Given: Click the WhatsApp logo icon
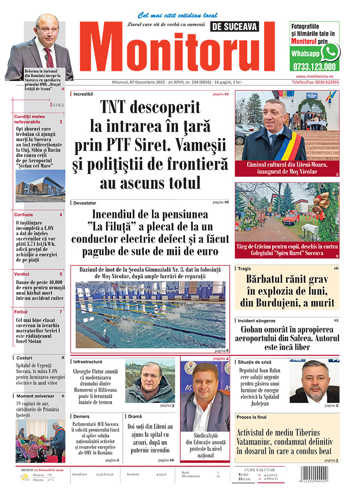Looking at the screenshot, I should (330, 52).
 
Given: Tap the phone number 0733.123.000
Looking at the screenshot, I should (315, 66).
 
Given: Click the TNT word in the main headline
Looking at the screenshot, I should (123, 108).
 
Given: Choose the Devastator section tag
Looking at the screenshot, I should (85, 203).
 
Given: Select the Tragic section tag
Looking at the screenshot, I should (248, 268).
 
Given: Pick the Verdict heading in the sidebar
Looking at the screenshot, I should (22, 274).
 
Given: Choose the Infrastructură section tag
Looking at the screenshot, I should (88, 361).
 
